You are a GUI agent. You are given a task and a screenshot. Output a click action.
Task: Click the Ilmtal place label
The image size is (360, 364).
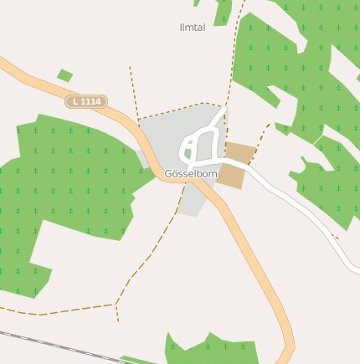(192, 28)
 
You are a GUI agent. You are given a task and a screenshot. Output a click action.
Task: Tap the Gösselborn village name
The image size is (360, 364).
(191, 174)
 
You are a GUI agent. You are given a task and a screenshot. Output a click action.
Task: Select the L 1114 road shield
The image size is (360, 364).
(86, 101)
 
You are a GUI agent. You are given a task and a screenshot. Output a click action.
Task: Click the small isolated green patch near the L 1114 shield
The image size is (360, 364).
(64, 75)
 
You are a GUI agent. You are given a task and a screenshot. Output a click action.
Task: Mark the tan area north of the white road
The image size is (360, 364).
(241, 152)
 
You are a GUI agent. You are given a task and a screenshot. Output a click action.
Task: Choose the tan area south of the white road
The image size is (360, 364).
(230, 176)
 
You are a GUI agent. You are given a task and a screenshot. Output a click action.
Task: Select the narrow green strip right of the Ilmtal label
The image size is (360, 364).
(224, 12)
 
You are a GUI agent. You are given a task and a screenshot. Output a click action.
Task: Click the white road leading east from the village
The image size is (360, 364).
(301, 209)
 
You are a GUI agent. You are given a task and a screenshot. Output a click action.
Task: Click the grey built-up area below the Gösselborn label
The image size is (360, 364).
(191, 201)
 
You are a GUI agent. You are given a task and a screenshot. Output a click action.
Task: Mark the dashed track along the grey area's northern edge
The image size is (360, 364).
(180, 108)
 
